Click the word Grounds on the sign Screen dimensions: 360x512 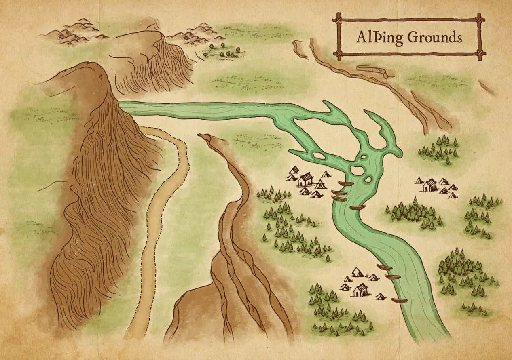434,37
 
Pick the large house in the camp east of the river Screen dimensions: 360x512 430,185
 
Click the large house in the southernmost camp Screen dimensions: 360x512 360,289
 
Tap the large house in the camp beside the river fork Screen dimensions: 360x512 306,179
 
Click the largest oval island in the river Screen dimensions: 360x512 357,170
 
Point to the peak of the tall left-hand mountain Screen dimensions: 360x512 91,67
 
